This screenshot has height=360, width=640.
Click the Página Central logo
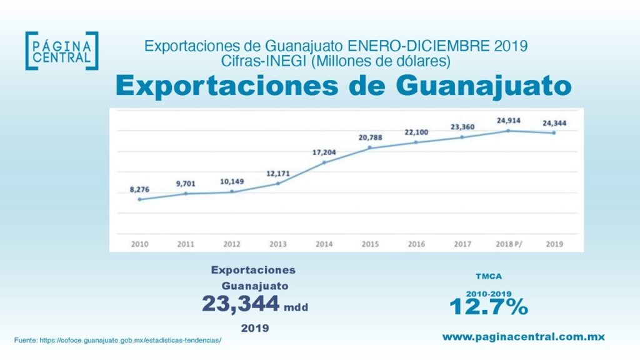(x=61, y=51)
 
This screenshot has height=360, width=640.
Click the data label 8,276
(x=139, y=189)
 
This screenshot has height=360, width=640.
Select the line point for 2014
(x=324, y=162)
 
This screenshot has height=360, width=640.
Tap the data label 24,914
(x=508, y=120)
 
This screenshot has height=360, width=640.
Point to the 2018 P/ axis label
(x=508, y=244)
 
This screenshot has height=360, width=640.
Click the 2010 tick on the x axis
(x=140, y=244)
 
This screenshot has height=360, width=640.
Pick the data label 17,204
(x=324, y=152)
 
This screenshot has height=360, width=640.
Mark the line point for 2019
(x=554, y=132)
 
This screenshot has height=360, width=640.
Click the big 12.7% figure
(x=489, y=307)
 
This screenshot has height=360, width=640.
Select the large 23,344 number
(x=240, y=304)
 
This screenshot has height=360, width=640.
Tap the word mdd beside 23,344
(x=296, y=307)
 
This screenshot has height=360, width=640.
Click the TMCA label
(x=489, y=276)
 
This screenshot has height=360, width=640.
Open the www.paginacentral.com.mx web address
(x=524, y=337)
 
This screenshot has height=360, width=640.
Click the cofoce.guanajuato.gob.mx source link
(x=131, y=340)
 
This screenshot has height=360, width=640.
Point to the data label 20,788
(x=369, y=137)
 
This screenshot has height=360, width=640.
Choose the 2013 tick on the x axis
(x=278, y=244)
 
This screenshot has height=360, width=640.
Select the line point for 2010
(x=140, y=199)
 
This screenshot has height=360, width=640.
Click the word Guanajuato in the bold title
(x=477, y=86)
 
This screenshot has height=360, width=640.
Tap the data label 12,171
(x=277, y=172)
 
